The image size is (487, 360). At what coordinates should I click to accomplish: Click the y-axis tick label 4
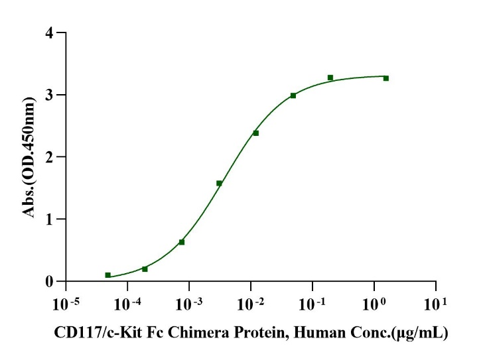[x=50, y=32]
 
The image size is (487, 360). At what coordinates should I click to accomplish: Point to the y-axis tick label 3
[x=50, y=95]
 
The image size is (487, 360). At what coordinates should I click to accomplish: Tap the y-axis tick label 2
[x=50, y=157]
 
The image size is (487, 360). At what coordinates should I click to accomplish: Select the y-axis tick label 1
[x=50, y=219]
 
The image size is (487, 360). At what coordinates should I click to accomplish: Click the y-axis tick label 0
[x=50, y=282]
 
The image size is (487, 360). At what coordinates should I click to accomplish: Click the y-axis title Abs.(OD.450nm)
[x=29, y=156]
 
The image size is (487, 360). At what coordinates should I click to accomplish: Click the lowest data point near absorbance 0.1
[x=107, y=275]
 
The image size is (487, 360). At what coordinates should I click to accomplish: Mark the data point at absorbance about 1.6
[x=219, y=183]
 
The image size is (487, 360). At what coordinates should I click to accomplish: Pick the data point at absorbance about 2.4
[x=255, y=133]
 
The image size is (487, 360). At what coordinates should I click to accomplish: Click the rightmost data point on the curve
[x=385, y=78]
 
